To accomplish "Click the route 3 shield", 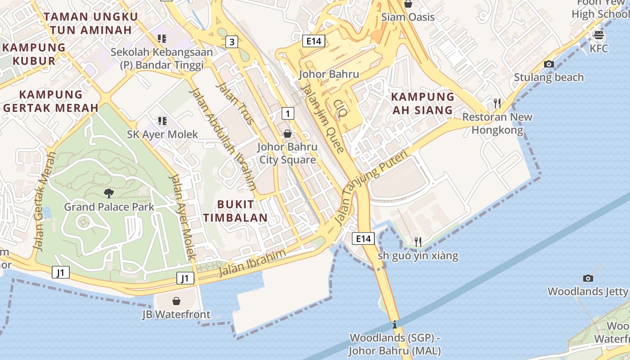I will point(231,42).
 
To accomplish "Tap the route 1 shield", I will point(288,113).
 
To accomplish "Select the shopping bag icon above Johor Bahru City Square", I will point(288,134).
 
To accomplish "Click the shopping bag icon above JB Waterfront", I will point(176,301).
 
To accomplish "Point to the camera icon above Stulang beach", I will point(549,64).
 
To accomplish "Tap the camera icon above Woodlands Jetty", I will point(588,278).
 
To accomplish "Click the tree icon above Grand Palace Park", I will point(109,193).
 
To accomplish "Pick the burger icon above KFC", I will point(598,35).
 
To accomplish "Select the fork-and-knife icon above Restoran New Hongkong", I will point(497,103).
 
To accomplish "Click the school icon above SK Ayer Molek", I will point(162,121).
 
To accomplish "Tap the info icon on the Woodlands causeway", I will point(395,324).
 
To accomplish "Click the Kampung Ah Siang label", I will point(423,103).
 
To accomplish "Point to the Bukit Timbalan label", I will point(235,211).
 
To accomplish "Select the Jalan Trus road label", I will point(235,103).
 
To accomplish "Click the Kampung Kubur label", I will point(34,54).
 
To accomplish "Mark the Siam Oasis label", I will point(408,17).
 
